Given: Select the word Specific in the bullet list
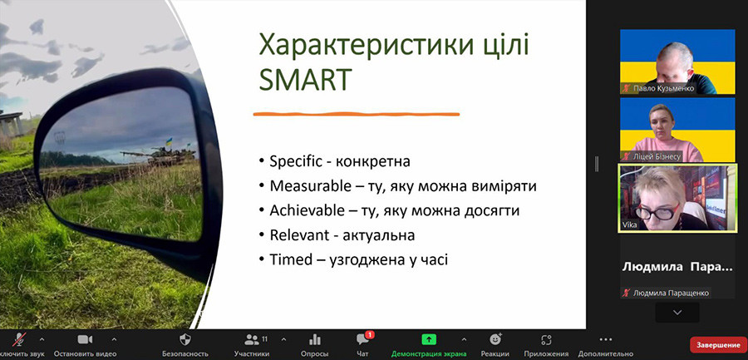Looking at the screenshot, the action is tap(297, 162).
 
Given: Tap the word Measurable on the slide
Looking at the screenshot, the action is tap(310, 186).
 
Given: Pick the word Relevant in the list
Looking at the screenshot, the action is tap(299, 235).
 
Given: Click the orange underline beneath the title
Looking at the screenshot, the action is tap(356, 114).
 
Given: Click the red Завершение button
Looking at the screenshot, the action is tap(718, 344).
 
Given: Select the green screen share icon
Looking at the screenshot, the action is tap(429, 339).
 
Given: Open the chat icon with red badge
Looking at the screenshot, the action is tap(363, 338).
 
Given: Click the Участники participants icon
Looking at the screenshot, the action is tap(251, 339).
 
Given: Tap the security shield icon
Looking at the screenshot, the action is tap(185, 339).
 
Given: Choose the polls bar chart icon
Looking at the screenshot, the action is tap(314, 339).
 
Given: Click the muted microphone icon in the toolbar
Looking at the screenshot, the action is tap(19, 339).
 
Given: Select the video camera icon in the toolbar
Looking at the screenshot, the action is tap(85, 339).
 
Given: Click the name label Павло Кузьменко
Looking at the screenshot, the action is tap(663, 89).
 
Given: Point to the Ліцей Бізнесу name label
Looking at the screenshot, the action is tap(657, 156).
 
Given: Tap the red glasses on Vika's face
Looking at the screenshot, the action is tap(659, 212).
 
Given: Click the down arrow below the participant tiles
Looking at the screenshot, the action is tap(677, 313).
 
